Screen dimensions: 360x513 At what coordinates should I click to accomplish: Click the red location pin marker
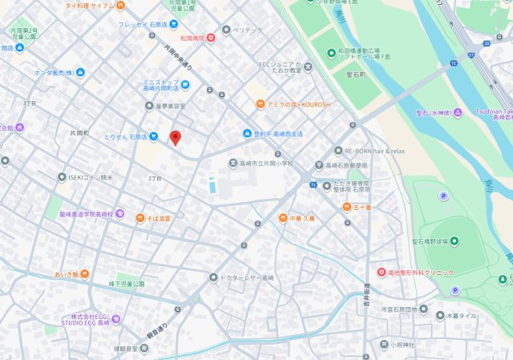(x=176, y=137)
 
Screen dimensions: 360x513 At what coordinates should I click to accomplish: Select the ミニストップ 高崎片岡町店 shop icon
(x=186, y=84)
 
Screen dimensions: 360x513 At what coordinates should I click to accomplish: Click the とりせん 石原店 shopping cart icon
(x=152, y=136)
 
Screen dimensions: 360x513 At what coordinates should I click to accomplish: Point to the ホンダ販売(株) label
(x=55, y=73)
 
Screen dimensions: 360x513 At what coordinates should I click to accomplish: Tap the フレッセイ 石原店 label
(x=143, y=25)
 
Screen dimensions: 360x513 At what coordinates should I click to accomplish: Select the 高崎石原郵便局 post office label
(x=346, y=165)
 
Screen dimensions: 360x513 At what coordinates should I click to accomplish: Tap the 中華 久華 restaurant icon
(x=282, y=217)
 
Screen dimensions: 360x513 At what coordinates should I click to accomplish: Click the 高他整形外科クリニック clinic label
(x=421, y=273)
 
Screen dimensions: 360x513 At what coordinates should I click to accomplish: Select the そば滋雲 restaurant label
(x=153, y=217)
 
